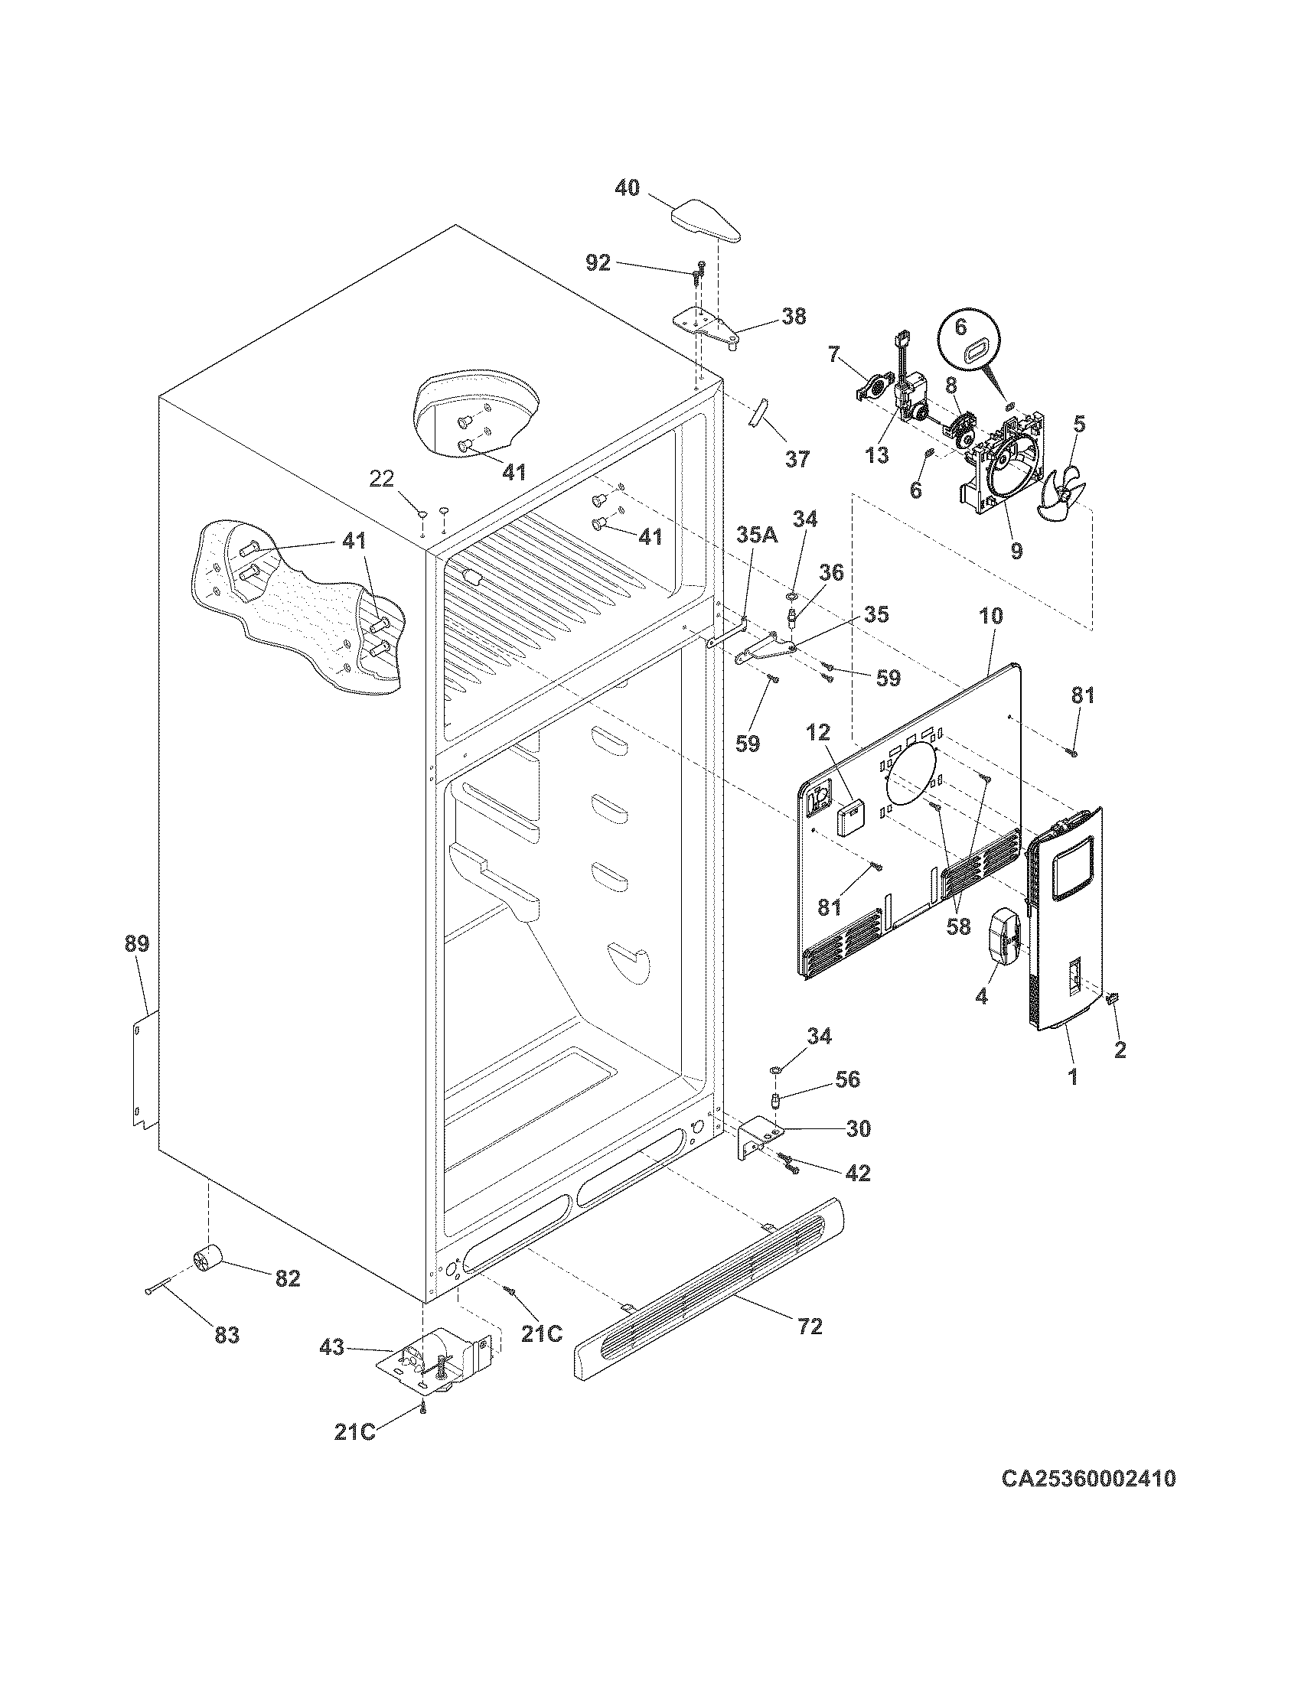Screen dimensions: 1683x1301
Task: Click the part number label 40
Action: coord(628,187)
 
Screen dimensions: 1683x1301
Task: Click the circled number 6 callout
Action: coord(960,327)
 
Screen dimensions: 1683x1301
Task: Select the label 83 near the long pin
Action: coord(227,1335)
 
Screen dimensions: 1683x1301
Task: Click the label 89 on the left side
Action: coord(137,943)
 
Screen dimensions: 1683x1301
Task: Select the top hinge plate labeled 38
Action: coord(706,324)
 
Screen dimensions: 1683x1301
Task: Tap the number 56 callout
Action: coord(847,1079)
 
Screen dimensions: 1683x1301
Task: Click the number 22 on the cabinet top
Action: coord(381,480)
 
